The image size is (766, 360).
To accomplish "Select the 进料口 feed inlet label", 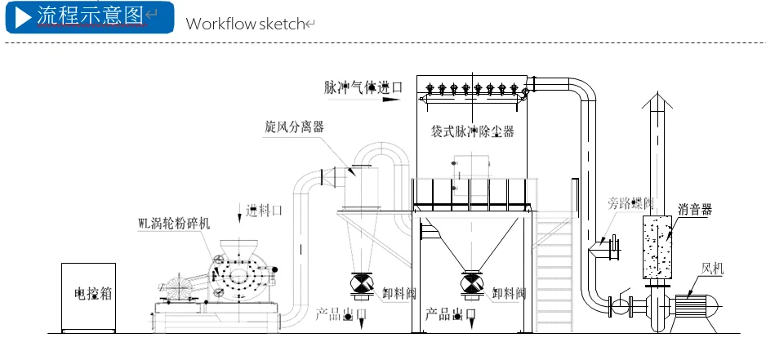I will click(265, 211).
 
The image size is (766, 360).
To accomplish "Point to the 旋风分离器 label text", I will click(294, 127).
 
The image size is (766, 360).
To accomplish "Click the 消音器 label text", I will click(694, 210).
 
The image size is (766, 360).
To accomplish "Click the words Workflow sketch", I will click(245, 23).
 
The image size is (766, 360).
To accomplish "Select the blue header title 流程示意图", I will click(90, 16).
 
